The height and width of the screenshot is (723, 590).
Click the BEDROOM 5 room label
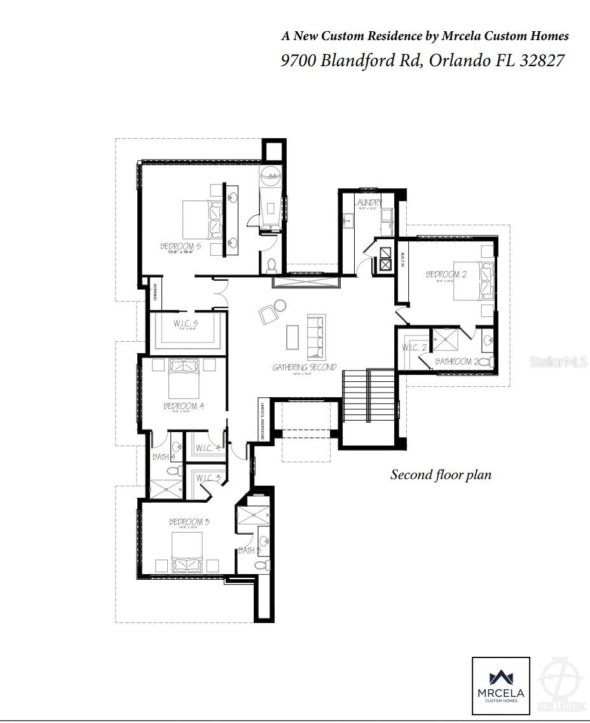pyautogui.click(x=181, y=246)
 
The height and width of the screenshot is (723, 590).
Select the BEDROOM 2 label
pyautogui.click(x=446, y=274)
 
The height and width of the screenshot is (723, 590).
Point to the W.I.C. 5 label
pyautogui.click(x=186, y=323)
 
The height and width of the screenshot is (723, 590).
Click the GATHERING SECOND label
pyautogui.click(x=305, y=367)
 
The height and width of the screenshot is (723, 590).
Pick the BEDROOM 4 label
pyautogui.click(x=183, y=405)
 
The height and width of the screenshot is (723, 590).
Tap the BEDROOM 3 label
pyautogui.click(x=189, y=522)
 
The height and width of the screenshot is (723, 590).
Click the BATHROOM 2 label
pyautogui.click(x=456, y=361)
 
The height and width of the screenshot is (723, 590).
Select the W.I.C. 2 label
pyautogui.click(x=415, y=347)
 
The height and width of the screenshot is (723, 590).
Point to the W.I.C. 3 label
pyautogui.click(x=209, y=478)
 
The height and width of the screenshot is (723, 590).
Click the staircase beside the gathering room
pyautogui.click(x=369, y=391)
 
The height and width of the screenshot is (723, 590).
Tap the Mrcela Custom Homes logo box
pyautogui.click(x=500, y=685)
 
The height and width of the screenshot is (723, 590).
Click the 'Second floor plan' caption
pyautogui.click(x=441, y=475)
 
